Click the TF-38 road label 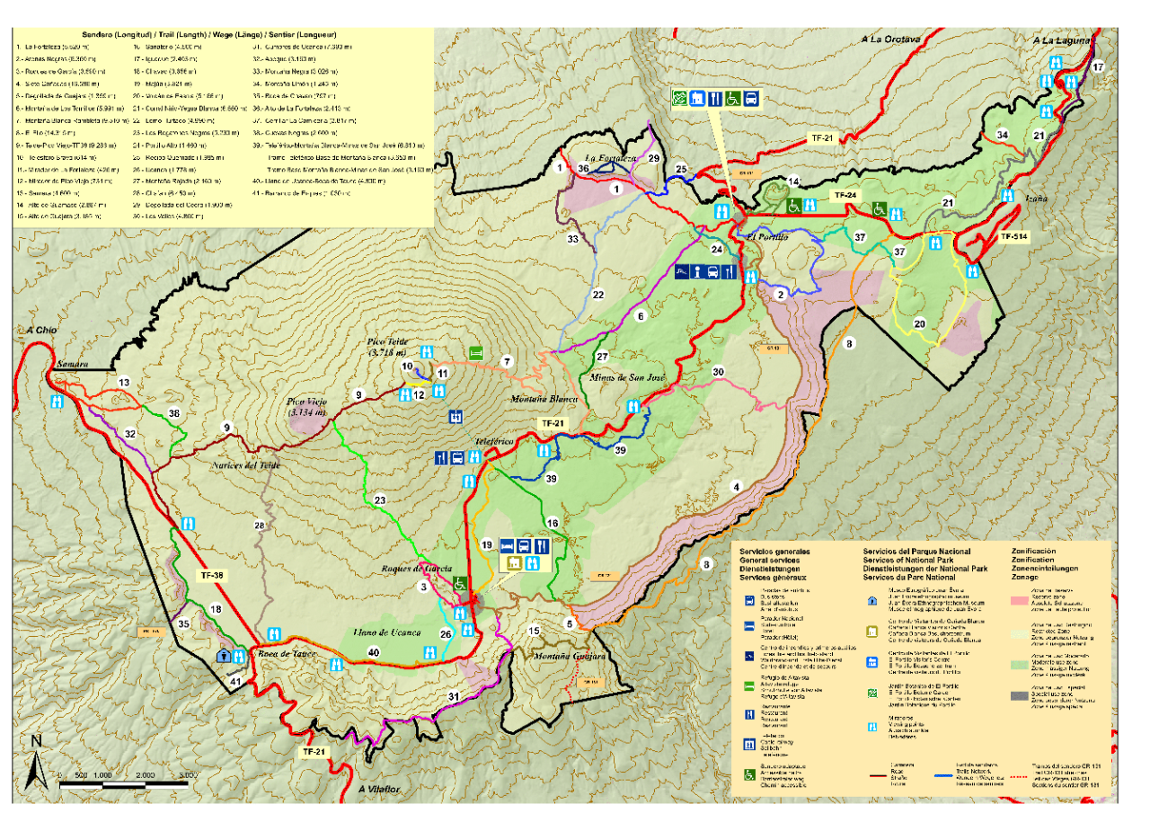coord(209,576)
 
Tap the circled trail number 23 coord(380,500)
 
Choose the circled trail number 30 coord(718,372)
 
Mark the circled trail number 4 coord(737,487)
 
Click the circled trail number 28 coord(260,526)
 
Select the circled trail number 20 coord(919,323)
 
